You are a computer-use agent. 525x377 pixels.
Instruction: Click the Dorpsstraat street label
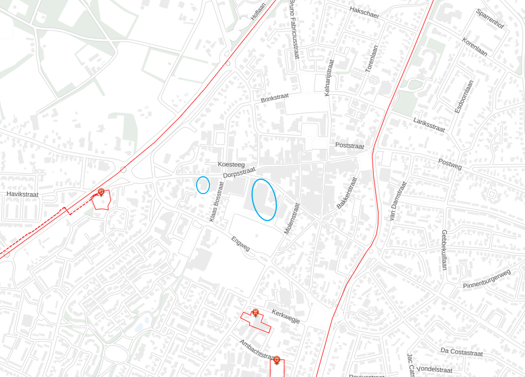click(239, 172)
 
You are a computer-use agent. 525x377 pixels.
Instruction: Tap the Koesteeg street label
click(231, 164)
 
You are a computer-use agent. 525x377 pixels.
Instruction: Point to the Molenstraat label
click(291, 218)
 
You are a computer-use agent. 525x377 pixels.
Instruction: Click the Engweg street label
click(240, 244)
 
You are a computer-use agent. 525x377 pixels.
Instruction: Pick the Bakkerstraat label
click(346, 193)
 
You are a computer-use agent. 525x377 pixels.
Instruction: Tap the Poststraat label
click(349, 146)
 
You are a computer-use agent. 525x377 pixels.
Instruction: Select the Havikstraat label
click(23, 194)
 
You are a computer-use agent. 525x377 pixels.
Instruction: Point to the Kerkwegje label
click(286, 316)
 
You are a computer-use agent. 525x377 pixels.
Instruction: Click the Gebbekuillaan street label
click(444, 250)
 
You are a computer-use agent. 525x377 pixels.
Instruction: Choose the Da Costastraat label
click(462, 352)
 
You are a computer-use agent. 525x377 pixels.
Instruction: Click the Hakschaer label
click(364, 12)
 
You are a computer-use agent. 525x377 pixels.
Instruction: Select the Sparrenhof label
click(489, 20)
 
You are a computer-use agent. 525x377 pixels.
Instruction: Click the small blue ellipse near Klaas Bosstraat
click(203, 185)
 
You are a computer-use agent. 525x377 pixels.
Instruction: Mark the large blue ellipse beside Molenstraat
click(264, 199)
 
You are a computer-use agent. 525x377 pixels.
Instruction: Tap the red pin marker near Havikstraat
click(101, 193)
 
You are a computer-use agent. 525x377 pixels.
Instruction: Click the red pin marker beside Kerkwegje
click(255, 313)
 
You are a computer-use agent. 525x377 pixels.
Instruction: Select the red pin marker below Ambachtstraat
click(277, 360)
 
